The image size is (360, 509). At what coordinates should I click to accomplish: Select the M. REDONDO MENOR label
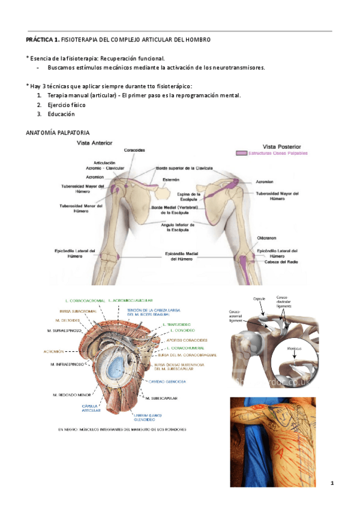pos(71,395)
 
